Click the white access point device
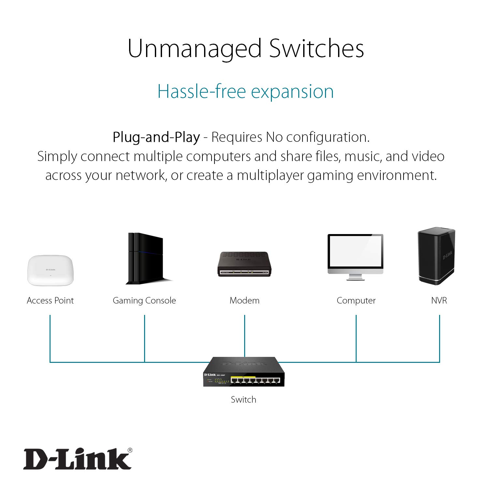[51, 271]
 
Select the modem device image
[244, 264]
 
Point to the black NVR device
[436, 256]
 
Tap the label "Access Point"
[50, 301]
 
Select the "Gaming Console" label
[144, 301]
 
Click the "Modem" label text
[244, 301]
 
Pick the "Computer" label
[356, 301]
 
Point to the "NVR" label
[439, 301]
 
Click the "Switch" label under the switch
[244, 400]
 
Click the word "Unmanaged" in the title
[195, 49]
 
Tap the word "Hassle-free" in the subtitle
[201, 91]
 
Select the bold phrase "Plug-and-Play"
[156, 137]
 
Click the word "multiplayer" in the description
[270, 175]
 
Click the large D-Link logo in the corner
[77, 459]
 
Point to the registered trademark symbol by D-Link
[130, 450]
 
